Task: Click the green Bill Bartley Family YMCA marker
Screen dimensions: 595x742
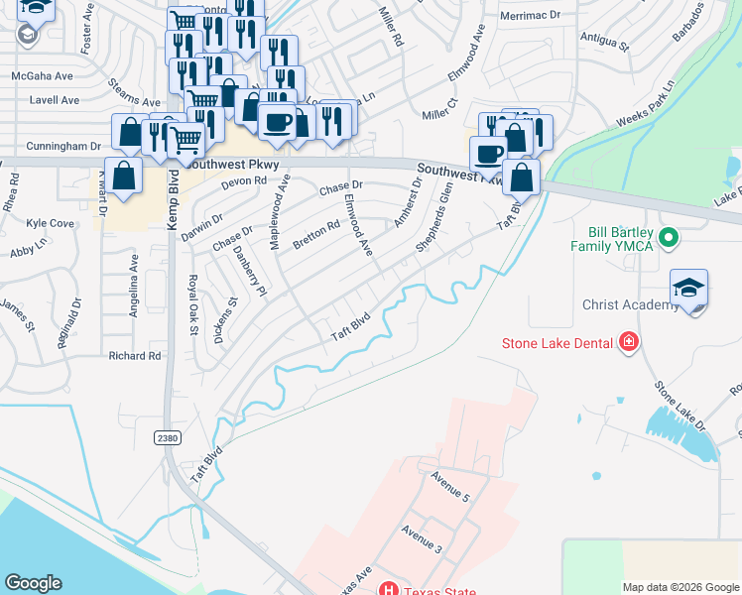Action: pos(669,238)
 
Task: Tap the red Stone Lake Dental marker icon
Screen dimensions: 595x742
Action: pos(628,343)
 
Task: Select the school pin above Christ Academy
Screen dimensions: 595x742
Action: pos(688,289)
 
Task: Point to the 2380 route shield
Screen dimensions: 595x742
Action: pos(168,437)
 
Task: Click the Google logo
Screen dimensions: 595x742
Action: pos(33,583)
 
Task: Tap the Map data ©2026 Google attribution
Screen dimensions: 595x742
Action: pos(680,587)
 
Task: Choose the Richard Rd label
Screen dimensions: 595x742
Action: pos(135,355)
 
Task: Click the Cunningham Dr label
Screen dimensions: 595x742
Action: pos(68,145)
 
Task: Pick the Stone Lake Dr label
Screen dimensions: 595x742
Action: pos(680,406)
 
